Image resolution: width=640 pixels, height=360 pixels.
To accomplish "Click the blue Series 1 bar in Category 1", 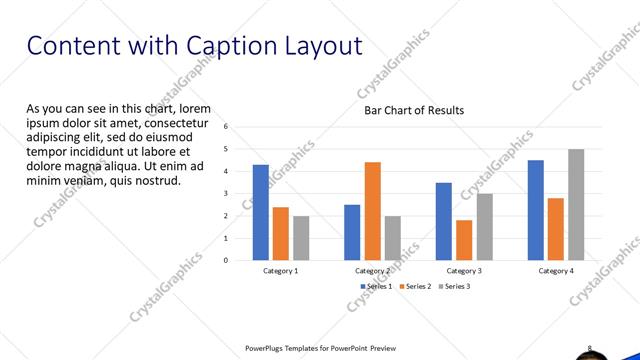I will tap(260, 212).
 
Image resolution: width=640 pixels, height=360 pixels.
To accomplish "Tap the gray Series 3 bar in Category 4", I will tap(576, 204).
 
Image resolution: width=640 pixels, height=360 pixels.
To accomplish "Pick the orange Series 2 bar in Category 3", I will tap(464, 240).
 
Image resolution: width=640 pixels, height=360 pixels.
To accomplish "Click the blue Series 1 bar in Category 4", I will tap(536, 210).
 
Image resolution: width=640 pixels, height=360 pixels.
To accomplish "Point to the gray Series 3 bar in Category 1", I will tap(301, 238).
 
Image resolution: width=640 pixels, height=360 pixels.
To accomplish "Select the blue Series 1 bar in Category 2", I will tap(352, 232).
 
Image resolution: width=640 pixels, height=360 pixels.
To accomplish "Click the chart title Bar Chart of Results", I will tap(414, 110).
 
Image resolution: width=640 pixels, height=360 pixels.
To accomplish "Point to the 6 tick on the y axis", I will tap(227, 127).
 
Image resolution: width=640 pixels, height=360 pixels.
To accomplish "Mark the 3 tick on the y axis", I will tap(227, 194).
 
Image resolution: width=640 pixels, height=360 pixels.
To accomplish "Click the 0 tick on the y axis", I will tap(227, 260).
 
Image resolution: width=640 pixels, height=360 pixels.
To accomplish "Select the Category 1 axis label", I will tap(281, 271).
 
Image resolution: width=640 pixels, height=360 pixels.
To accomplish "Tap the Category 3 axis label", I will tap(464, 271).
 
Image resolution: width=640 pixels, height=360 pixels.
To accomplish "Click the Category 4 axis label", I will tap(556, 271).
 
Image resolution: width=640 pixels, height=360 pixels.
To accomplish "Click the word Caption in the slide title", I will tap(217, 45).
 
